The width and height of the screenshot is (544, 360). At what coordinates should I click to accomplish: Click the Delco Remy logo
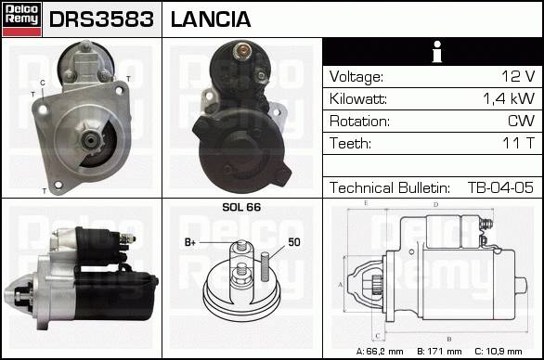(x=21, y=19)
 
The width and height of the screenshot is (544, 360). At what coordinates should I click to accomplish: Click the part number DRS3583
(x=101, y=19)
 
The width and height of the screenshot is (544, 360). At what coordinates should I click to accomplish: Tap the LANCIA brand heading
(x=211, y=19)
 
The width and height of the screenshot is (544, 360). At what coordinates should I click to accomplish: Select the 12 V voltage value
(x=518, y=76)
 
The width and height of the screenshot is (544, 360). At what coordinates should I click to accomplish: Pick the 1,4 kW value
(x=509, y=99)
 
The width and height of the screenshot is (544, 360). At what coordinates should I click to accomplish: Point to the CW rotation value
(x=521, y=121)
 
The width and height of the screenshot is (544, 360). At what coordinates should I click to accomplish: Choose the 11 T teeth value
(x=519, y=143)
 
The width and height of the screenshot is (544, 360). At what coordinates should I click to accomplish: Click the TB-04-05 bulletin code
(x=500, y=187)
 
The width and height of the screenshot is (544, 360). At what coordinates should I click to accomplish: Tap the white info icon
(x=437, y=52)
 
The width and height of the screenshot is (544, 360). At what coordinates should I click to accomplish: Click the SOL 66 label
(x=241, y=207)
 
